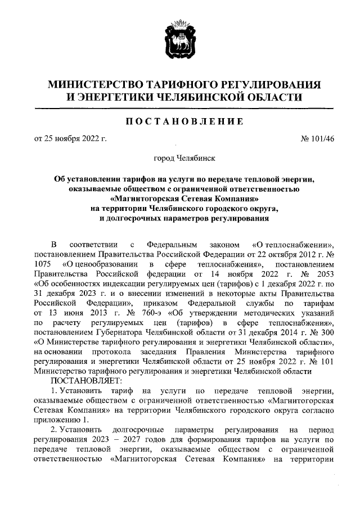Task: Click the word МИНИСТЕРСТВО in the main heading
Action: (97, 85)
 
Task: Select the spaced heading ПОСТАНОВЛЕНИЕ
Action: (180, 121)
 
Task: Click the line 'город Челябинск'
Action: (180, 160)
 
